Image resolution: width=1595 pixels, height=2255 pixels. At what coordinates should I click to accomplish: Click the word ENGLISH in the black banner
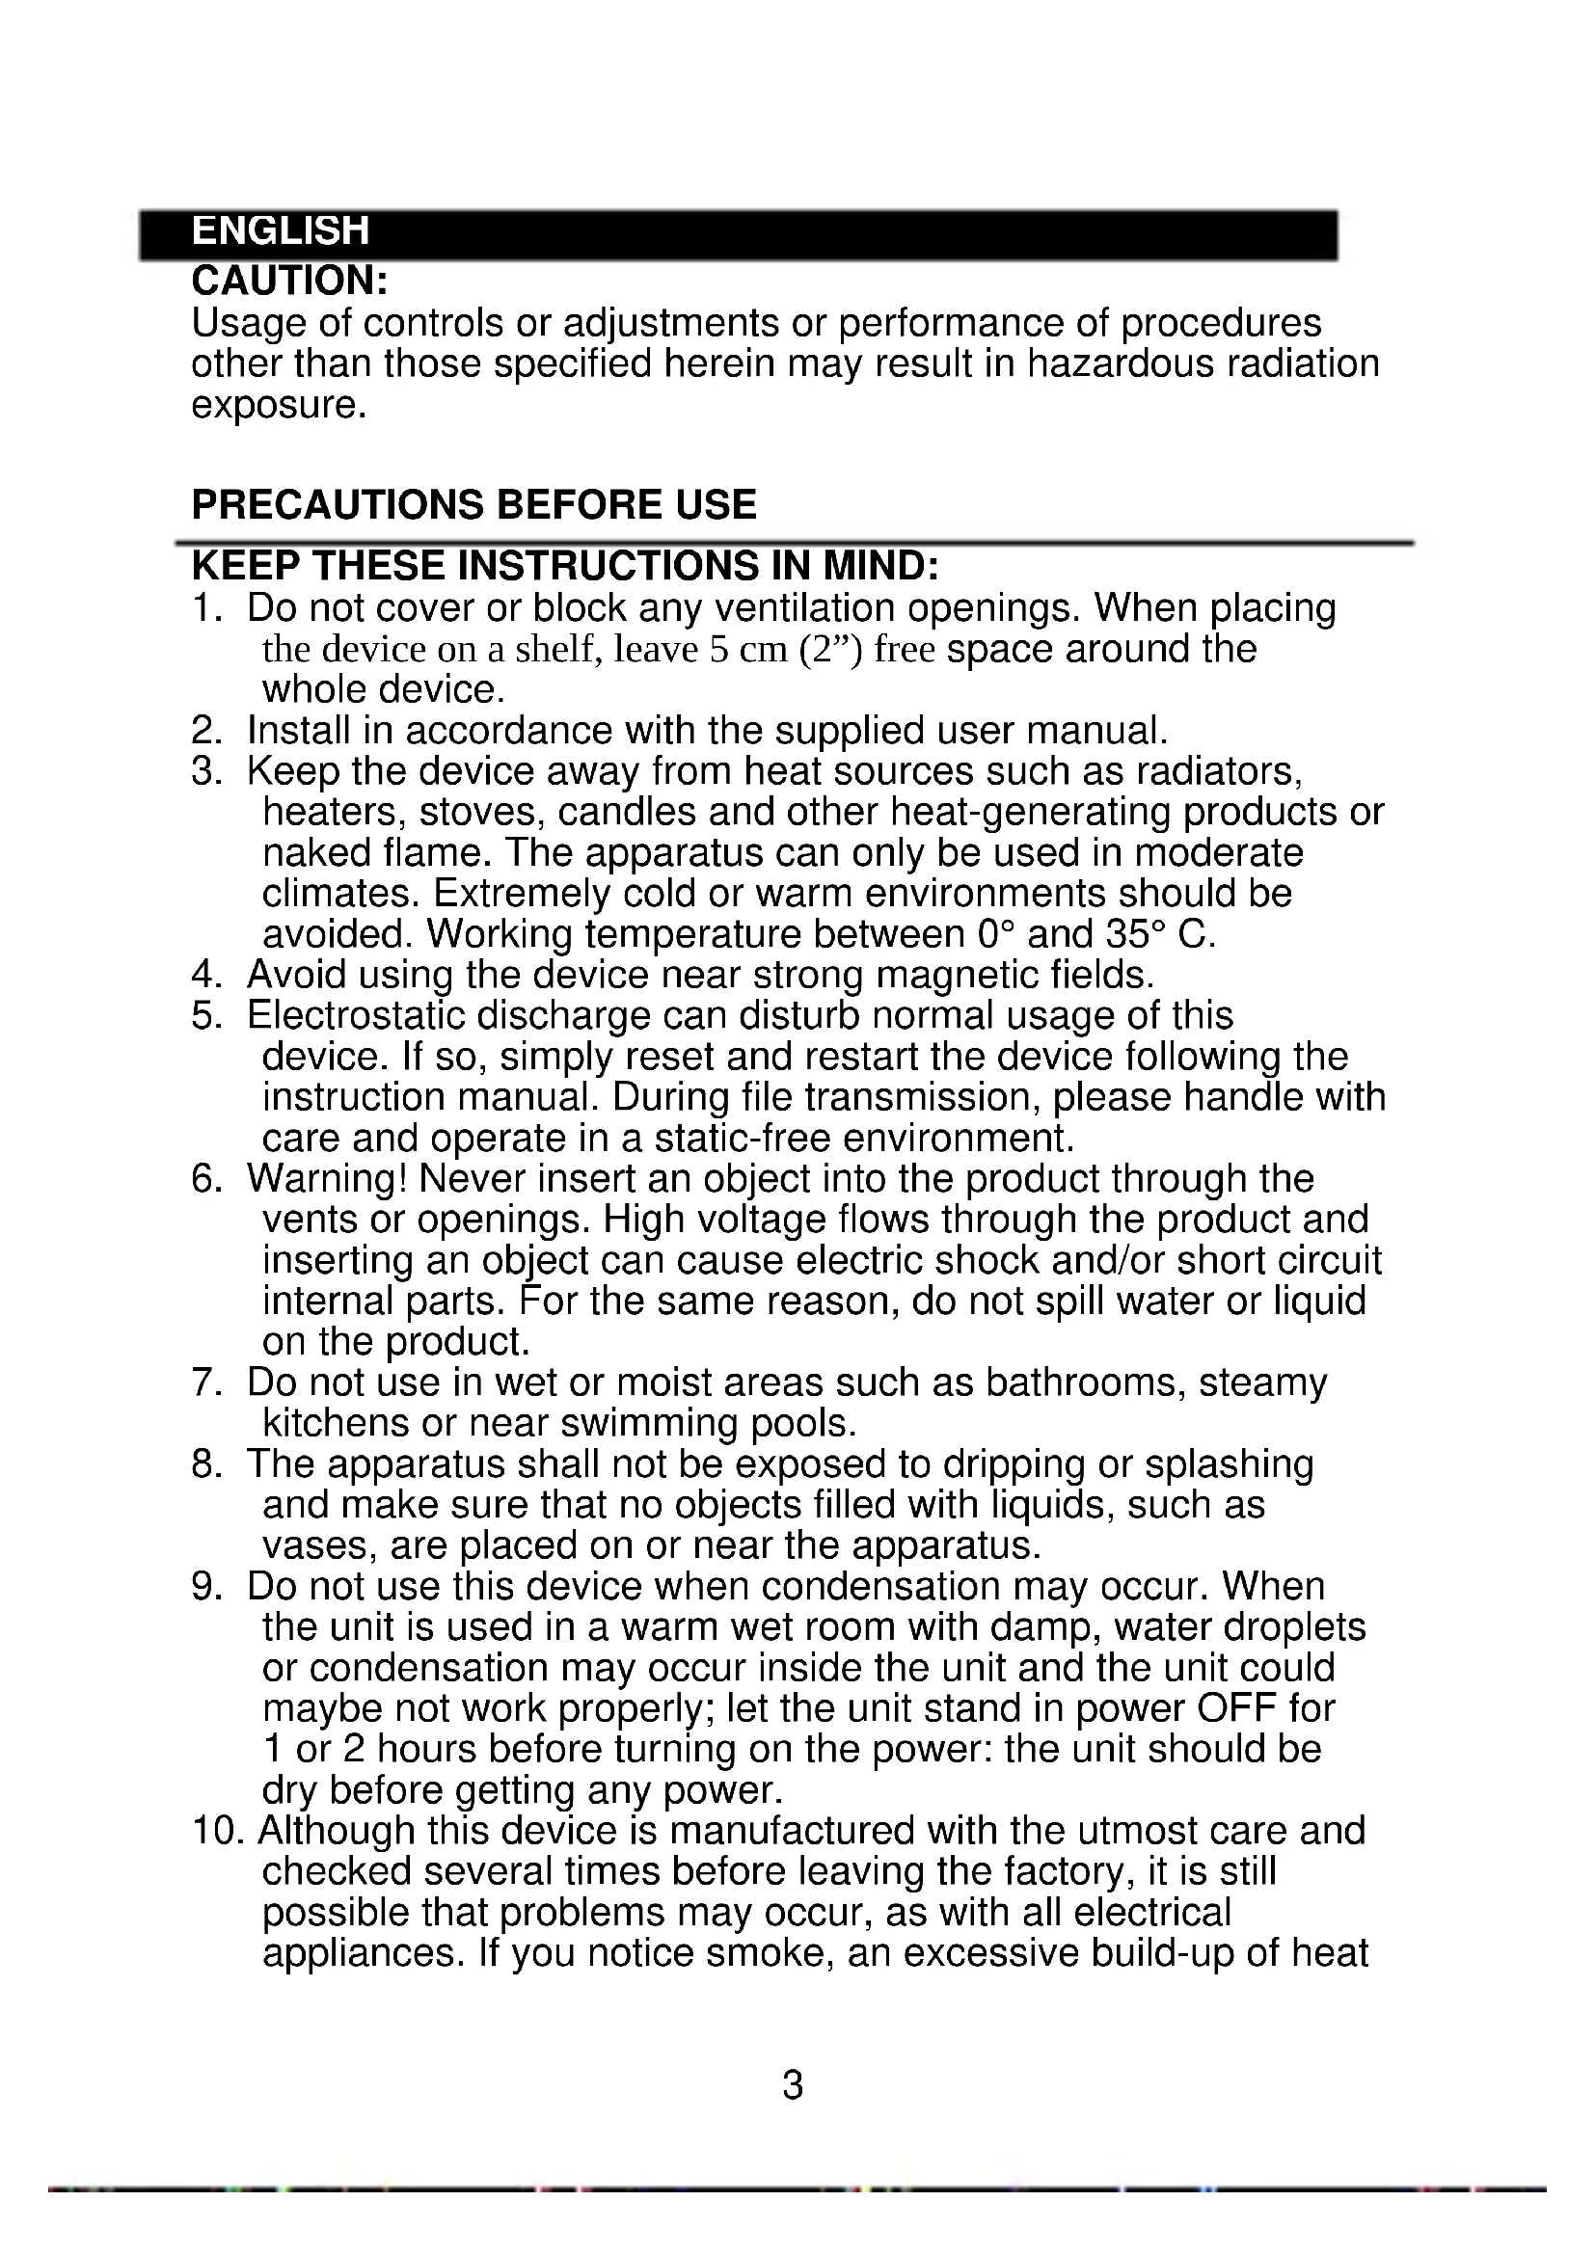[280, 231]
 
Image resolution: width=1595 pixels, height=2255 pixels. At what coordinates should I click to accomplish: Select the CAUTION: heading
[289, 281]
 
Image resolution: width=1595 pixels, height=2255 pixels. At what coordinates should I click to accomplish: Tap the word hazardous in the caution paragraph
[1121, 363]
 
